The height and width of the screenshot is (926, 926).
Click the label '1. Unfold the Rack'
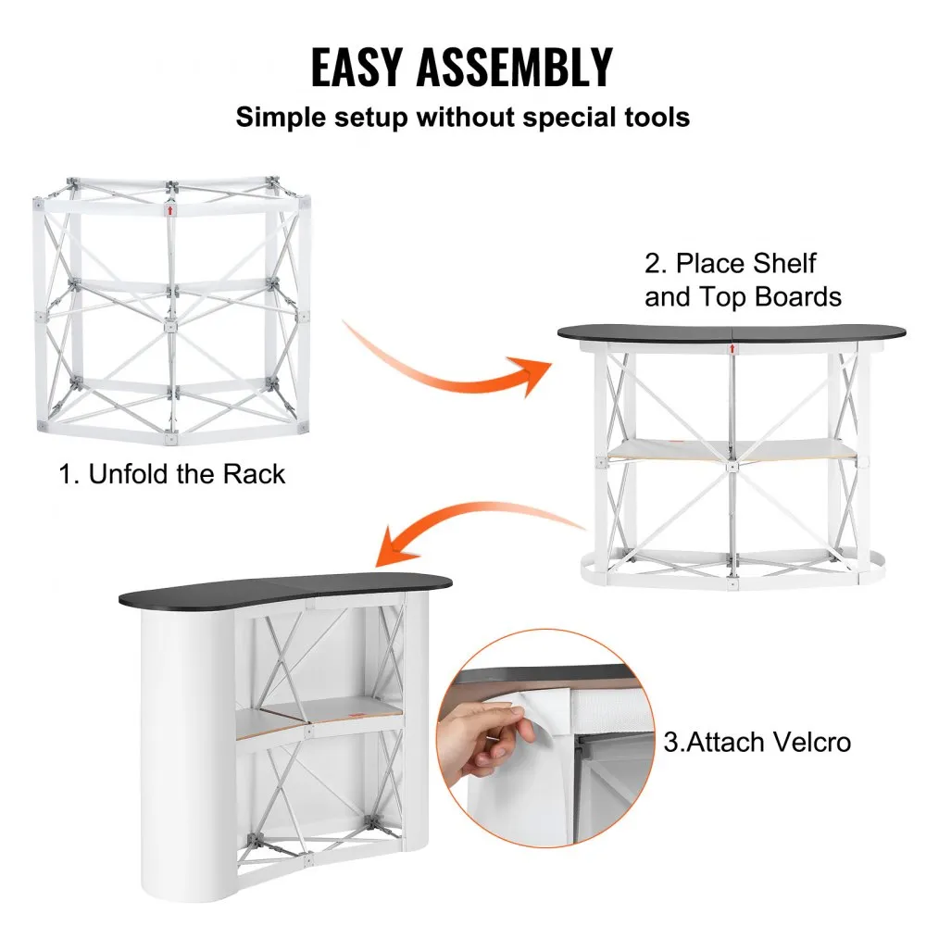[x=172, y=475]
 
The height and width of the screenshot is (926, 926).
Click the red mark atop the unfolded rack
[x=170, y=209]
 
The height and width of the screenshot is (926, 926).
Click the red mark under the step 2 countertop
[x=731, y=349]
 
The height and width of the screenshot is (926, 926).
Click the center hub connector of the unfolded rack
[x=170, y=326]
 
